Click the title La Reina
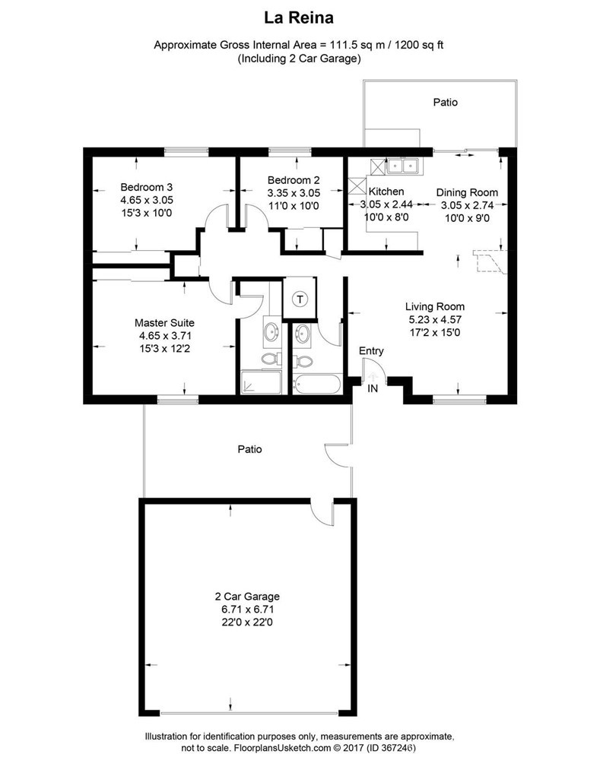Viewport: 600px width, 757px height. (x=300, y=16)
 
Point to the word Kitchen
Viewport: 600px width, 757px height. (x=386, y=192)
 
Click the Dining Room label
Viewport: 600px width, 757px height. (x=467, y=192)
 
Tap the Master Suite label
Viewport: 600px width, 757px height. (x=164, y=322)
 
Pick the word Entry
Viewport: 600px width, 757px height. (x=371, y=351)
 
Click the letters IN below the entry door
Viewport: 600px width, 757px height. (x=373, y=388)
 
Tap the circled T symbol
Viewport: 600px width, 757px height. (x=301, y=299)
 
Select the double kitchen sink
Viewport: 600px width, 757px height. (x=402, y=165)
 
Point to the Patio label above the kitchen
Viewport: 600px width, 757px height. (x=445, y=102)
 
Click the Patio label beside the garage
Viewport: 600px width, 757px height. (x=249, y=449)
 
